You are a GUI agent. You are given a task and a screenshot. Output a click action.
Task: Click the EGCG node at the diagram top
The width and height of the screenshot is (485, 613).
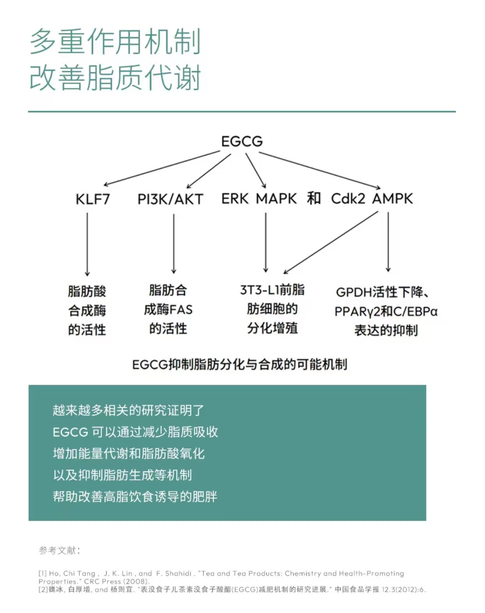(x=242, y=142)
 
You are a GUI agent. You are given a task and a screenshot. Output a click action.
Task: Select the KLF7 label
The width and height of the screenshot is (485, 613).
(x=93, y=199)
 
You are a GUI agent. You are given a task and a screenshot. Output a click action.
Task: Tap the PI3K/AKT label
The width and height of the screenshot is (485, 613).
(x=170, y=199)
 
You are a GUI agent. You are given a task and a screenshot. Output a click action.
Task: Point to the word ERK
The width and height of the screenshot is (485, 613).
(x=235, y=199)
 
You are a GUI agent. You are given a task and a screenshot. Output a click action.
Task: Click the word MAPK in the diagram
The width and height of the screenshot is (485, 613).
(x=276, y=199)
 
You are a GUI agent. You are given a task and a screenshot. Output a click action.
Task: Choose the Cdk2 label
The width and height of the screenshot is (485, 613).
(x=348, y=199)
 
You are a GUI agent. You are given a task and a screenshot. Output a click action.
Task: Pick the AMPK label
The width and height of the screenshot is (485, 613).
(x=392, y=199)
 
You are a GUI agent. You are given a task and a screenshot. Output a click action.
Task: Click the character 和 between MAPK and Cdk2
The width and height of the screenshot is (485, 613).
(x=314, y=198)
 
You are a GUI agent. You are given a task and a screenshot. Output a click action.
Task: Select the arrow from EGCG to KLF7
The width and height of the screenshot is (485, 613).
(x=162, y=168)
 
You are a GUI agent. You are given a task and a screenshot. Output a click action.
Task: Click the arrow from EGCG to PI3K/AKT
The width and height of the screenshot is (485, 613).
(x=209, y=171)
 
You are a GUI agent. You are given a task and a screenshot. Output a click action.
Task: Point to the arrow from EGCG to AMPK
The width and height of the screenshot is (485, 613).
(x=319, y=170)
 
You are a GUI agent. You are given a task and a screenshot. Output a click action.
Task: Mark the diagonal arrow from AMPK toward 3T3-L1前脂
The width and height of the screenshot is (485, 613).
(x=331, y=242)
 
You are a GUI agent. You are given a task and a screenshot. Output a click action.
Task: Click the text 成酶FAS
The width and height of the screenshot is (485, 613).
(x=168, y=310)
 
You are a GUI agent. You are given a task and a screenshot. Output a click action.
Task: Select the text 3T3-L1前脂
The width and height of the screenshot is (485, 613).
(x=272, y=290)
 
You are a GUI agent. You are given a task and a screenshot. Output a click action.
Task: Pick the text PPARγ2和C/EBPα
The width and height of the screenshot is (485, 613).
(x=386, y=312)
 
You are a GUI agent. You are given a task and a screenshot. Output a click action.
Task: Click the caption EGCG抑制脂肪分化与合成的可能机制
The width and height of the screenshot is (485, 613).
(x=240, y=364)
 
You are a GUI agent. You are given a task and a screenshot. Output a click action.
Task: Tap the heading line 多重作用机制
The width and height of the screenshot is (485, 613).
(x=115, y=41)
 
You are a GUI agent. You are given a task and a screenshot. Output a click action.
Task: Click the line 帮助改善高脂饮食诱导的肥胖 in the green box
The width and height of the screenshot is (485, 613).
(x=135, y=496)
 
